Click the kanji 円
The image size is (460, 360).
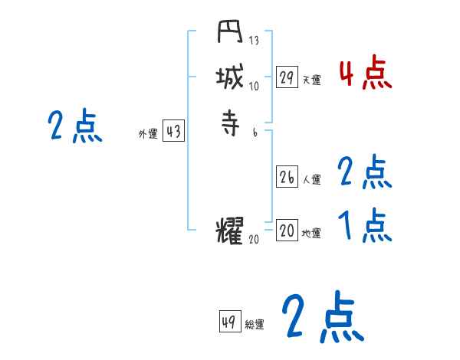pos(230,34)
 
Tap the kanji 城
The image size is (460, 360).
pos(230,77)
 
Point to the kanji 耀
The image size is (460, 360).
pos(230,231)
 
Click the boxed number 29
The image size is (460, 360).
pos(287,77)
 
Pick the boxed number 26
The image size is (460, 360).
pos(287,177)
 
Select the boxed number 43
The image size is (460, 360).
pos(173,132)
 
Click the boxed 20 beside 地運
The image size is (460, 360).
pos(287,231)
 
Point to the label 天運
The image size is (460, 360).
pos(311,79)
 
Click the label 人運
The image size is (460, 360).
pos(311,180)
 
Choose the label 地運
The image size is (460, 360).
pos(311,234)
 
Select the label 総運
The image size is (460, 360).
pos(255,325)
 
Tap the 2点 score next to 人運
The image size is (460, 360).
pos(365,173)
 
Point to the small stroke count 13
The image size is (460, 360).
pos(255,41)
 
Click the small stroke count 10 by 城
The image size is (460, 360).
pos(255,85)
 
